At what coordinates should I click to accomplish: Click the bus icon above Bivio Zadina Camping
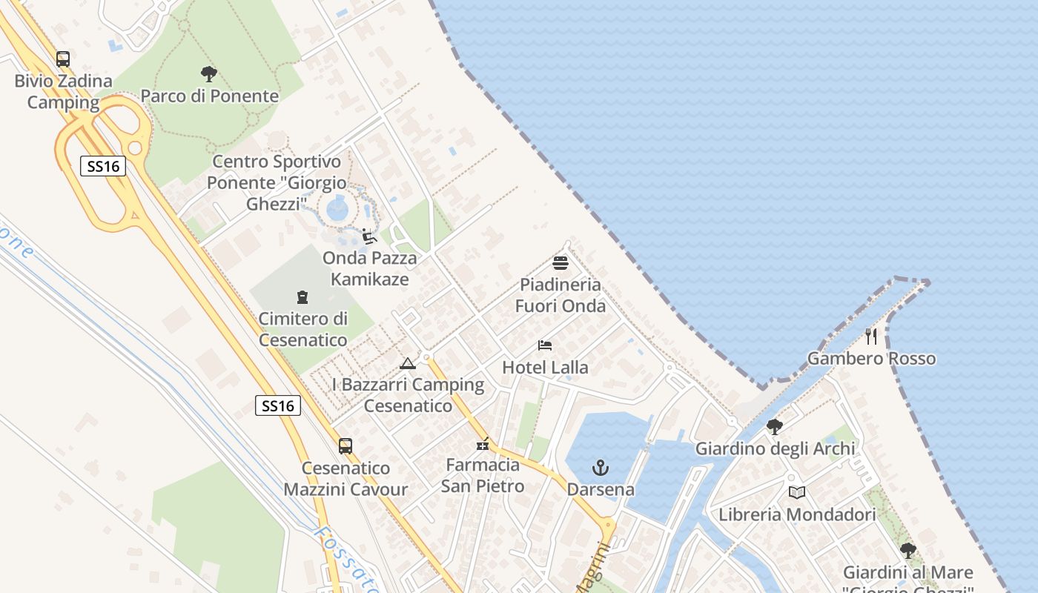pos(63,59)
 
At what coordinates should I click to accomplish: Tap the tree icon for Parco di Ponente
pos(209,74)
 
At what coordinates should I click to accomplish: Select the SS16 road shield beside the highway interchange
pos(103,166)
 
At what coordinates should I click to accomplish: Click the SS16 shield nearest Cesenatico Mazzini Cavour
pos(278,405)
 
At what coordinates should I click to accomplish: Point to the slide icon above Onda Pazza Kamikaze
pos(368,236)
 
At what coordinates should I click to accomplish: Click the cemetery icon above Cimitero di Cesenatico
pos(303,297)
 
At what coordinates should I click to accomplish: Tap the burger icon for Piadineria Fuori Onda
pos(561,263)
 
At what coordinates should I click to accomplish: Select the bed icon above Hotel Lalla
pos(545,345)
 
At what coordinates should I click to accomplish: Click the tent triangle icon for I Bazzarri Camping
pos(407,363)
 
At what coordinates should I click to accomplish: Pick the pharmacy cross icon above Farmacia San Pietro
pos(483,444)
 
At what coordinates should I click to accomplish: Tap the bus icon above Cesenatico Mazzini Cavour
pos(346,446)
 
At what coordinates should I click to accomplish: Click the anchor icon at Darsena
pos(601,468)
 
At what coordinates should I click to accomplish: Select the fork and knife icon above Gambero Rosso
pos(871,337)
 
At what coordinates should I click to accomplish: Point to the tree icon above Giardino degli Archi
pos(775,427)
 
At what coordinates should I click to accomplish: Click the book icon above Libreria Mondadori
pos(797,492)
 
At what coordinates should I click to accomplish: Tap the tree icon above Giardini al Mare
pos(908,551)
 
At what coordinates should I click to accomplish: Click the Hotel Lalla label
pos(545,367)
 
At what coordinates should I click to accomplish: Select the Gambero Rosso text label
pos(871,359)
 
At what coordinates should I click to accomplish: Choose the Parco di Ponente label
pos(209,96)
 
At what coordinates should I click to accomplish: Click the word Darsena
pos(601,490)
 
